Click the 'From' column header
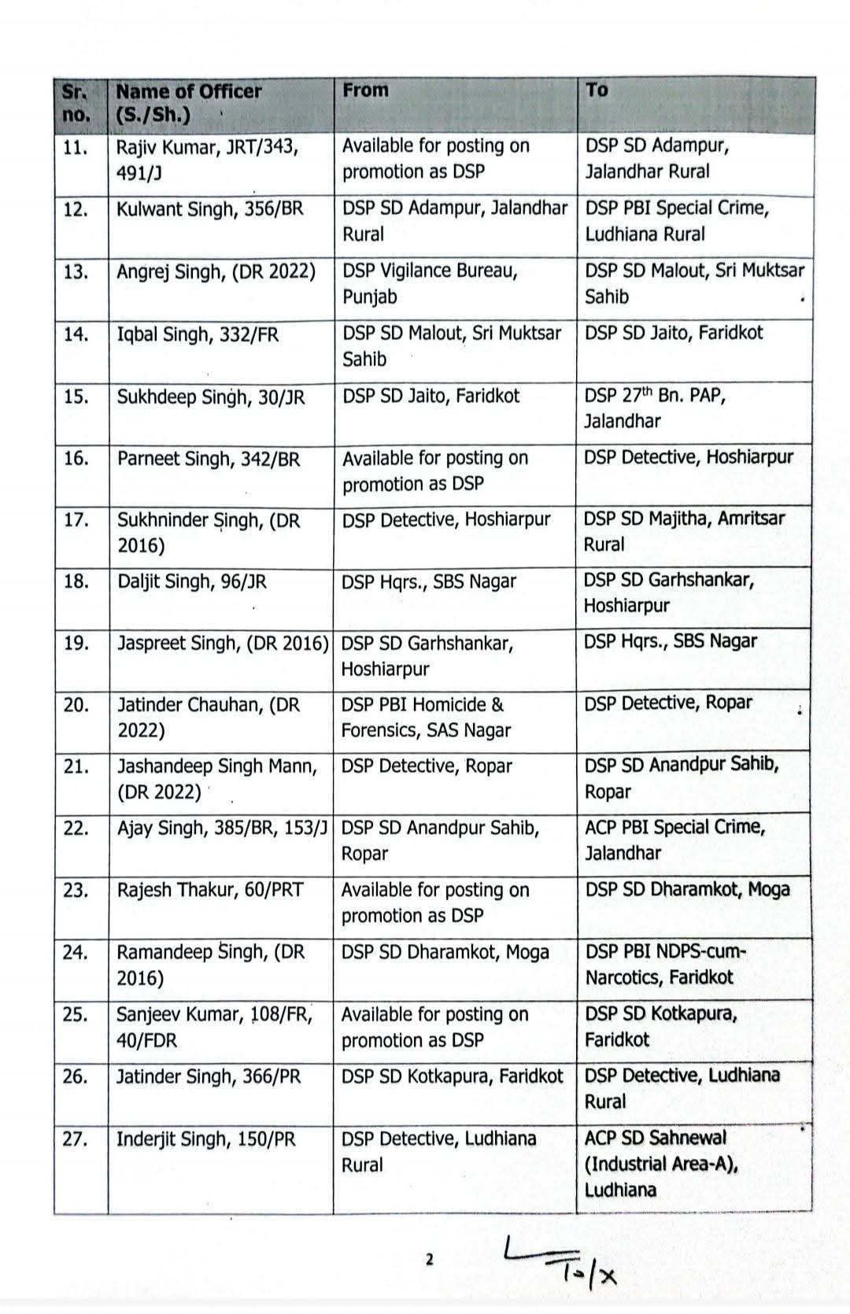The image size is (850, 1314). [366, 90]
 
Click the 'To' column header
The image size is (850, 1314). [597, 90]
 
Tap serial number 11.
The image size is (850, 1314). [74, 147]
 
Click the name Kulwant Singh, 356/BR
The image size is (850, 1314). [209, 209]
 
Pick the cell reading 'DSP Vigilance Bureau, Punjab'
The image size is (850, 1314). [430, 284]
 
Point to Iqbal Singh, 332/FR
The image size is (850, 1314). [198, 334]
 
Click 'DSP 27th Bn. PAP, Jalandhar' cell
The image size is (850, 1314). [655, 408]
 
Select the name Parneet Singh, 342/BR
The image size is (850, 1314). [209, 459]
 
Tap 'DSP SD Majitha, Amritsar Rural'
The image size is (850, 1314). [683, 531]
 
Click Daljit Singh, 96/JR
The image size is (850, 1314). [191, 581]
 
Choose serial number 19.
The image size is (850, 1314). [76, 644]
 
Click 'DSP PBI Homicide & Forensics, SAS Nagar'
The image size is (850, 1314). [425, 717]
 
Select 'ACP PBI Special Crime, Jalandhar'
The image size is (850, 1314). [674, 840]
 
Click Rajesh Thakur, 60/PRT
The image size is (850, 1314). [209, 890]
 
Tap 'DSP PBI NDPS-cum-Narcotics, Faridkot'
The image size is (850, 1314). [665, 964]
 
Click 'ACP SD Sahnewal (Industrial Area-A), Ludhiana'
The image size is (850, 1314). [661, 1163]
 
